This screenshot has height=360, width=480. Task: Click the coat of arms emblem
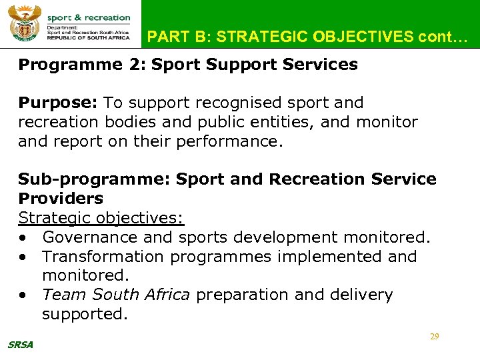24,24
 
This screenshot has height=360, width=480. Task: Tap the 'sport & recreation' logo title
89,17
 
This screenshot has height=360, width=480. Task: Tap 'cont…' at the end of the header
439,37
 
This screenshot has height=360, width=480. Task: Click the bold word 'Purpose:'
59,103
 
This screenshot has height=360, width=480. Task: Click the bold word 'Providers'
61,199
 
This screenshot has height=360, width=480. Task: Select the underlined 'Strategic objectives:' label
101,218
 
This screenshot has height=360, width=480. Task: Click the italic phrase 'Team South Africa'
115,295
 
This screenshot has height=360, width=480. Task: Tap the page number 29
434,337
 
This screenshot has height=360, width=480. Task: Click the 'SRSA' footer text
21,345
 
